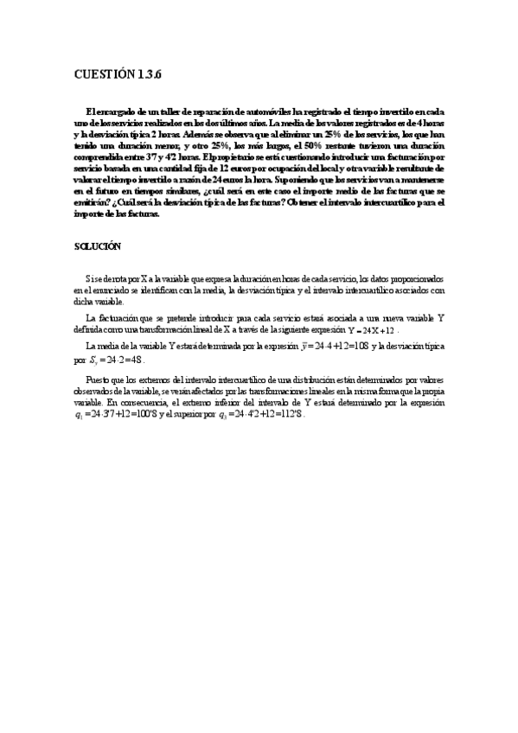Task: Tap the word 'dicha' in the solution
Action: [x=86, y=303]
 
